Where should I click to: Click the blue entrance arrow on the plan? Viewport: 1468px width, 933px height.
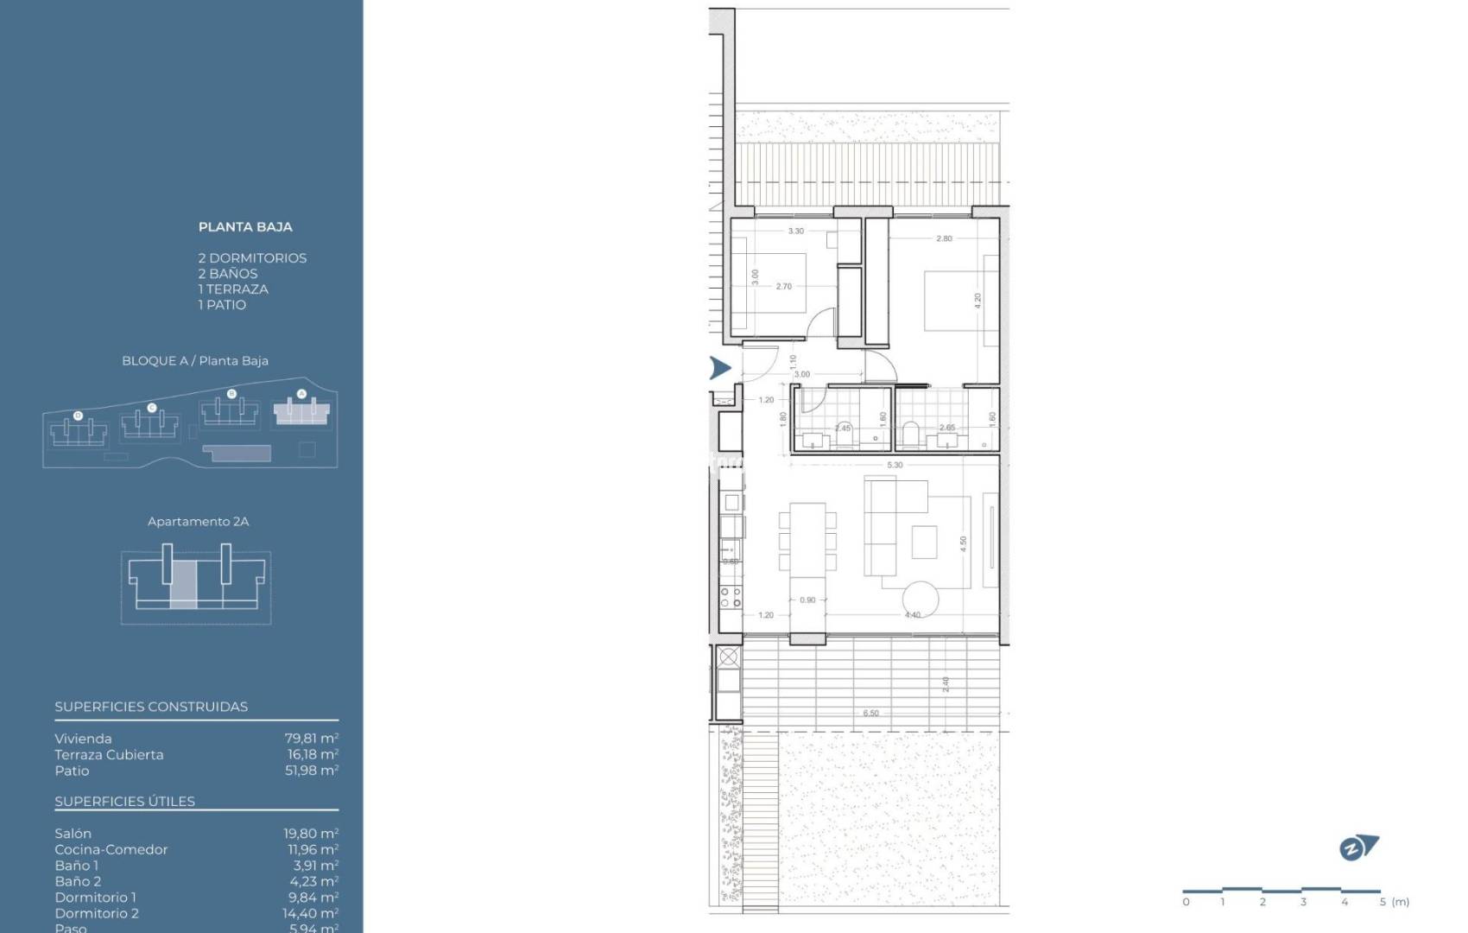click(x=719, y=368)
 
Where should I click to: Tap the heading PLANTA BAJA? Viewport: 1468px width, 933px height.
click(x=245, y=227)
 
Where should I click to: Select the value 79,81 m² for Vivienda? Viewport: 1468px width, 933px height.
click(x=311, y=739)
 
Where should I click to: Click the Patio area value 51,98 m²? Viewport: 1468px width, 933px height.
click(x=311, y=771)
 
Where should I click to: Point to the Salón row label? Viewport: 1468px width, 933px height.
click(x=73, y=834)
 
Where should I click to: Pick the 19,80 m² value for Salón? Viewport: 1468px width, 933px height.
click(x=311, y=834)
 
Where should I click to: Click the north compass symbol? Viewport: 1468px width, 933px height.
click(x=1358, y=848)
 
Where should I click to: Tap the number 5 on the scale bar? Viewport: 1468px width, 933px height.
click(x=1383, y=902)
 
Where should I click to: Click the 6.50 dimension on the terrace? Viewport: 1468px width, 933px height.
click(x=870, y=714)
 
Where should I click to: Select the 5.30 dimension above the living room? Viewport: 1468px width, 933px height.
click(x=895, y=465)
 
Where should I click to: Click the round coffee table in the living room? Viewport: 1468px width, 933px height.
click(x=921, y=598)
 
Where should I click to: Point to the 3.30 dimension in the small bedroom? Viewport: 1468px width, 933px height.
click(x=795, y=231)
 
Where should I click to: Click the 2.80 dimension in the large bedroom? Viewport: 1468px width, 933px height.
click(x=944, y=238)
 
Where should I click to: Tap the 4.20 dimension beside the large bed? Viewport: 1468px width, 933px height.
click(x=978, y=301)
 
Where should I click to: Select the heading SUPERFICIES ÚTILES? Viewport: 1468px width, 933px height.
click(x=124, y=802)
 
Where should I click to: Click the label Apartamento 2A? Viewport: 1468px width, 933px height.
click(x=198, y=522)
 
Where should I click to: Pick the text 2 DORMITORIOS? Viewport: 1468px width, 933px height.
click(x=252, y=258)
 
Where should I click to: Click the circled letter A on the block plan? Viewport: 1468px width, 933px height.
click(x=301, y=394)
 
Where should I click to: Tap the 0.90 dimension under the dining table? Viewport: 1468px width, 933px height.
click(x=807, y=600)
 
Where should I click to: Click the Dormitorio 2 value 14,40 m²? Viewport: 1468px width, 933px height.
click(x=311, y=913)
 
